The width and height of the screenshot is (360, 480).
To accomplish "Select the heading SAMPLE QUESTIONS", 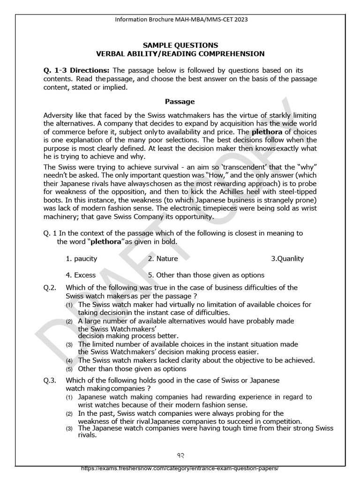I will [x=180, y=45].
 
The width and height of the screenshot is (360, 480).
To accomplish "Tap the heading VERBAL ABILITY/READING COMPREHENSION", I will [x=180, y=54].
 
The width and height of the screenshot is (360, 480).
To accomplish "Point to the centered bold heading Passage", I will [x=180, y=101].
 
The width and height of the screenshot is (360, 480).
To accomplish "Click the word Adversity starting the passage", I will [x=58, y=116].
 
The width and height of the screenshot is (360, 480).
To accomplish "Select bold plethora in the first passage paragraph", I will [x=268, y=132].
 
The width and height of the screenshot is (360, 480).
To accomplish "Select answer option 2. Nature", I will [x=163, y=258].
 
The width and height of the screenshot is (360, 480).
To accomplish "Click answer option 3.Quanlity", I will [x=287, y=258].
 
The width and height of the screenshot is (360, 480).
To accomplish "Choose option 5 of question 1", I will [x=206, y=275].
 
